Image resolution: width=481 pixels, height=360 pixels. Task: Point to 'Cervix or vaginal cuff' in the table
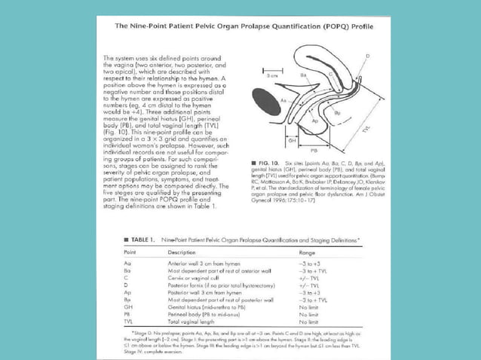coord(195,278)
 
